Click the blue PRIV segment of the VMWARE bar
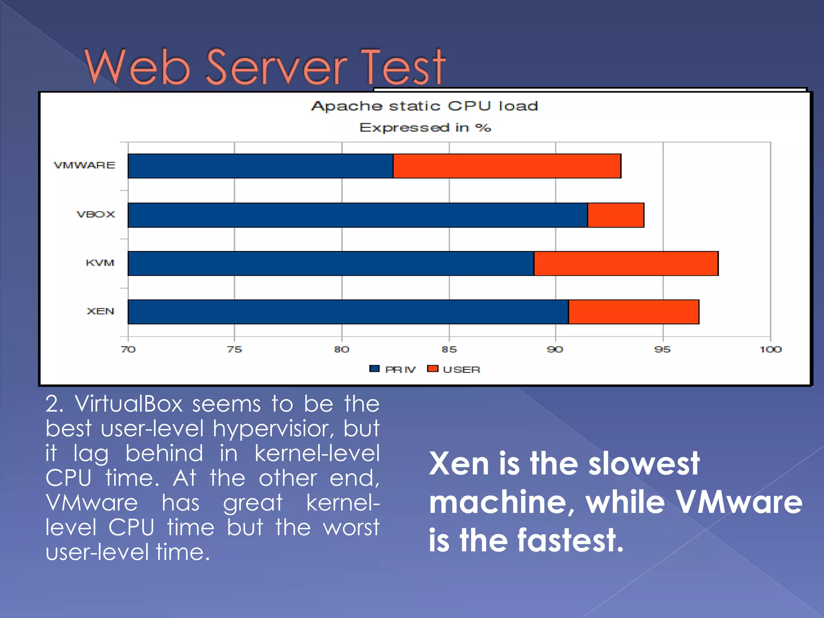pos(260,166)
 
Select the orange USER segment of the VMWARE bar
pos(507,166)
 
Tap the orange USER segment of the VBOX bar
pos(616,215)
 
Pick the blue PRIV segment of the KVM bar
pos(331,264)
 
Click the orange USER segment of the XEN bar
pos(634,312)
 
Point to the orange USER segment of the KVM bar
pos(626,264)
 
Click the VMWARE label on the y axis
pos(84,165)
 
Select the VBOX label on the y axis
pos(96,214)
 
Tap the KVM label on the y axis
pos(100,263)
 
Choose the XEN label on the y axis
pos(101,311)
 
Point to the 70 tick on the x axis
pos(128,349)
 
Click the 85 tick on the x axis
pos(449,349)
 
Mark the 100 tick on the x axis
pos(770,349)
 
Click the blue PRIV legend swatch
pos(374,369)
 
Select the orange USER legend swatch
pos(433,369)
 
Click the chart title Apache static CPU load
pos(424,106)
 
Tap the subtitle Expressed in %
pos(425,128)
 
